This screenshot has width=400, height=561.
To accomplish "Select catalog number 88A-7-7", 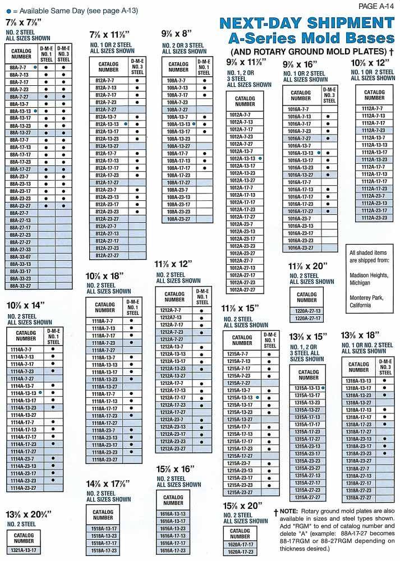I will coord(19,67).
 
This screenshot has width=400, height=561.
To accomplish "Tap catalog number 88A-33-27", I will coord(21,286).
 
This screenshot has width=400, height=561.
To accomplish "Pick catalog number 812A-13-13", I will coord(107,124).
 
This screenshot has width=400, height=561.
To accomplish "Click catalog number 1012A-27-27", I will coord(242,290).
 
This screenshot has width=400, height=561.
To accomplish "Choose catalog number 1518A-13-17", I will coord(104,528).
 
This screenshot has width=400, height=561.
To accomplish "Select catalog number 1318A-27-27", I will coord(358,498).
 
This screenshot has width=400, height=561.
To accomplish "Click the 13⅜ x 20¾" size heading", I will coord(29,514).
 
